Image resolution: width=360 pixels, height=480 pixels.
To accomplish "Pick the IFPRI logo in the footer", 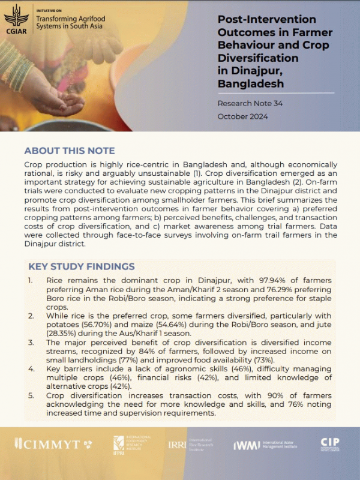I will (119, 445).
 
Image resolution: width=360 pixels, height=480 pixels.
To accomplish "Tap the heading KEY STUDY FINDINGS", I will (81, 266).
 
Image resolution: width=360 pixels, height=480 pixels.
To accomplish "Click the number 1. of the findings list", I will (31, 281).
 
